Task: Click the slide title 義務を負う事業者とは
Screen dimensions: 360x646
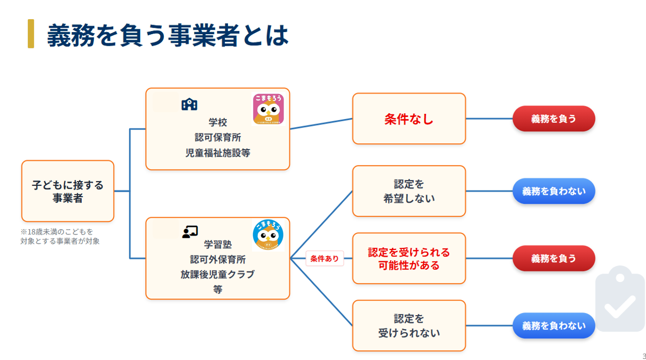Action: [168, 35]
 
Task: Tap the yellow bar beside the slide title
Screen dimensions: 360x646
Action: [31, 34]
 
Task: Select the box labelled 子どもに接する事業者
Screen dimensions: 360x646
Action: [68, 191]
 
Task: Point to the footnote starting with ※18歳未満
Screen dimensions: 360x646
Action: [60, 236]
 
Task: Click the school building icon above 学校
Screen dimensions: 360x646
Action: [189, 104]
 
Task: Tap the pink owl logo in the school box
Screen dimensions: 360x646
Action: [268, 109]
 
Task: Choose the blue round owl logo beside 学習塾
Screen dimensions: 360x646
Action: [268, 236]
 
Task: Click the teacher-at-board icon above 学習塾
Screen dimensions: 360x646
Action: [190, 232]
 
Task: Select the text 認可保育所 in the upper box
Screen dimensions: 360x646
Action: [218, 138]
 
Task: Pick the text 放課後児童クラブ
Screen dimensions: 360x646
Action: [218, 275]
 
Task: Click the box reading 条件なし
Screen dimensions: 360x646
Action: [409, 119]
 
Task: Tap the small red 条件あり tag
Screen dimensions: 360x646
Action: [325, 259]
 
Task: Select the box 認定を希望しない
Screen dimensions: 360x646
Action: [409, 191]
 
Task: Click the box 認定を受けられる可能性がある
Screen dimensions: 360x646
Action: [409, 259]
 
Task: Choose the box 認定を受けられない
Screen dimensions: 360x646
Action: [409, 326]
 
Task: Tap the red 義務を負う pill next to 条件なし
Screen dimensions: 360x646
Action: [554, 119]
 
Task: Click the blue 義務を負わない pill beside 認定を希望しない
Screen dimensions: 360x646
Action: [554, 191]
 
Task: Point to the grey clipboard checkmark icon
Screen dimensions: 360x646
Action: [619, 300]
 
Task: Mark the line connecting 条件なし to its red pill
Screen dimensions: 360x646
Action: [489, 119]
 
